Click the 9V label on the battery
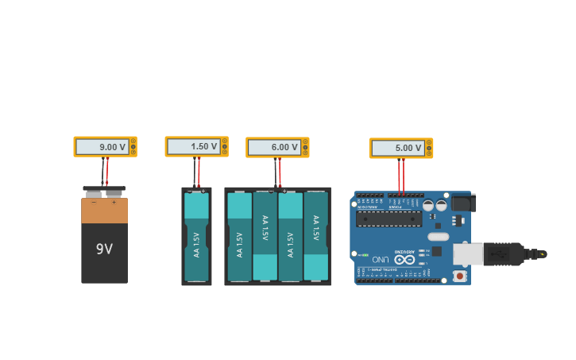[x=104, y=249]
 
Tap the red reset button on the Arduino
[x=459, y=276]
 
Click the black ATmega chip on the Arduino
[x=389, y=219]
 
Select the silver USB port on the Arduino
[x=468, y=254]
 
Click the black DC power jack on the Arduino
[x=463, y=203]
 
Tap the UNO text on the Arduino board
[x=381, y=259]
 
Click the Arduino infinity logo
[x=404, y=259]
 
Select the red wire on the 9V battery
[x=107, y=171]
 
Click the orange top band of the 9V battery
[x=104, y=211]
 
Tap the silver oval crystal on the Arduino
[x=438, y=236]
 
